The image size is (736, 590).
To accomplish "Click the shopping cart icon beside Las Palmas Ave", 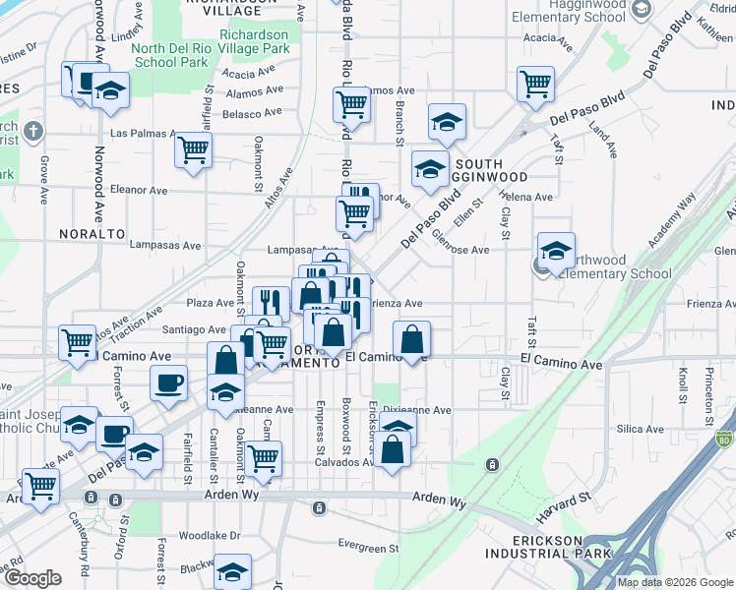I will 193,149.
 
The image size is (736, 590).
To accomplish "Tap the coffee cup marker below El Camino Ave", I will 167,383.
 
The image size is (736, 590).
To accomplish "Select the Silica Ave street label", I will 641,429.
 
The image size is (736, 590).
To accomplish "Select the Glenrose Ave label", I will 460,250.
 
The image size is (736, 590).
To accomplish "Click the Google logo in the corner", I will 33,579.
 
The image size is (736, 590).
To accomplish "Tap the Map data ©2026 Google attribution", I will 675,582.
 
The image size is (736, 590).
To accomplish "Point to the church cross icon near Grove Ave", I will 32,131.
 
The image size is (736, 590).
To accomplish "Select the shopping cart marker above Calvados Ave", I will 263,457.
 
